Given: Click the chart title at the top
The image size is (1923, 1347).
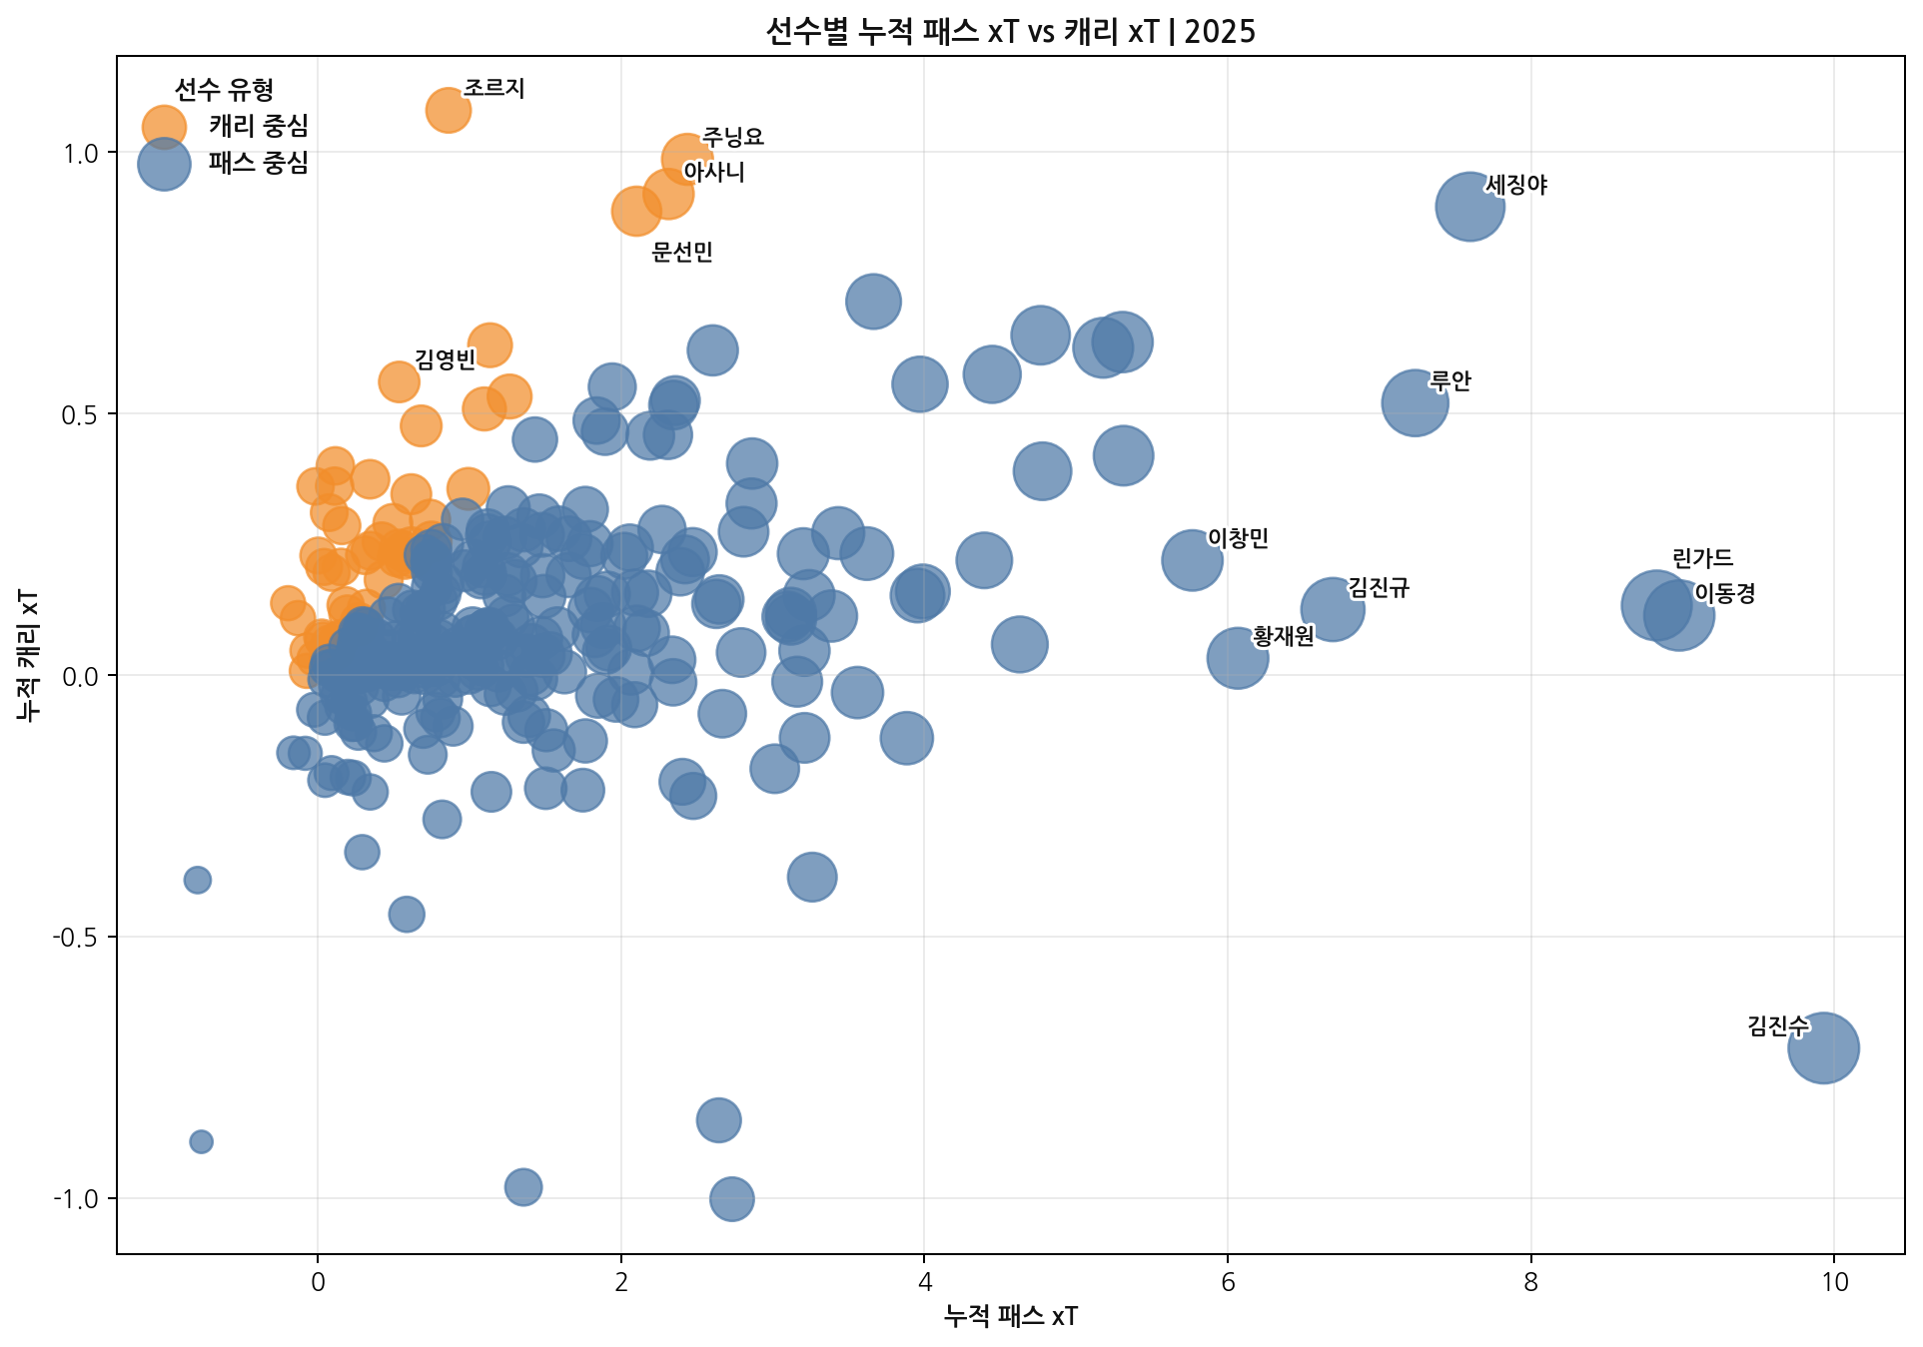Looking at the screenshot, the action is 1010,31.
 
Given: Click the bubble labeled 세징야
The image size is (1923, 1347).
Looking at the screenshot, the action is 1469,207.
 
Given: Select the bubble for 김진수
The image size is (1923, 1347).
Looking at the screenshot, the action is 1823,1047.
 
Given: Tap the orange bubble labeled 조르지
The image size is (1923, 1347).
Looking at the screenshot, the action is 448,110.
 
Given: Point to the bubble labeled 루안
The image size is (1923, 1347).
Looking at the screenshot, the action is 1415,402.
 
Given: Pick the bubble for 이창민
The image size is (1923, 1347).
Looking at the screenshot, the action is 1192,560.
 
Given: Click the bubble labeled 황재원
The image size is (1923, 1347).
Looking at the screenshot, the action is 1237,657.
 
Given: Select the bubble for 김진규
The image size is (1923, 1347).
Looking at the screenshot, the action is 1332,608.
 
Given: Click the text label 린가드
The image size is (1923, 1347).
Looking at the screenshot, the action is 1702,558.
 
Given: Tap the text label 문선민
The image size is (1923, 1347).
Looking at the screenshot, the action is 682,252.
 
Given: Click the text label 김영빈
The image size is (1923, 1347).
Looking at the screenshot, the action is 446,358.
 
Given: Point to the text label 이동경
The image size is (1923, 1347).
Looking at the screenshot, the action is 1724,593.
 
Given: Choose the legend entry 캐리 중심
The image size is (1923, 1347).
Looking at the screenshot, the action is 258,126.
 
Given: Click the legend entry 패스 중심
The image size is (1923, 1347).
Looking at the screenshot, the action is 258,163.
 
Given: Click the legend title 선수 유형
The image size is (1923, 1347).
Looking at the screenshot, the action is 224,89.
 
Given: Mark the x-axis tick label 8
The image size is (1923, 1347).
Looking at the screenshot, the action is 1530,1282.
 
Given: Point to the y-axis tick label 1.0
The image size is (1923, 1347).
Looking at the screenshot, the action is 81,153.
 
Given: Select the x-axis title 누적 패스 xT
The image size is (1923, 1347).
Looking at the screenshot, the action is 1010,1316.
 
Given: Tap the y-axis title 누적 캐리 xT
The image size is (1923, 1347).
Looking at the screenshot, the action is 29,655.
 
